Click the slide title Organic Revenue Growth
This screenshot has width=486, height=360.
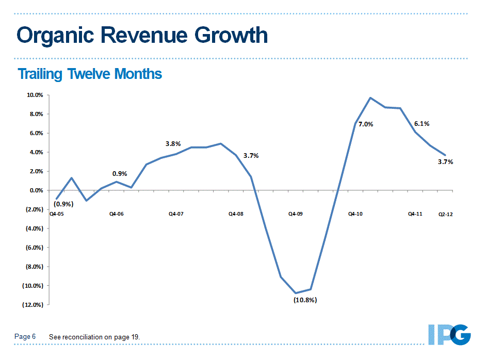[142, 36]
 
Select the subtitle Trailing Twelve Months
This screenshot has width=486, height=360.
[90, 74]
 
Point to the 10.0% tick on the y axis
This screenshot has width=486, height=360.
[35, 95]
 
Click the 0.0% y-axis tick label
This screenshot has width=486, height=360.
[36, 190]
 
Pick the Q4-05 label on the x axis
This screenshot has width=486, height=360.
[57, 214]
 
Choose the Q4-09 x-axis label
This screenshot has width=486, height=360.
[296, 214]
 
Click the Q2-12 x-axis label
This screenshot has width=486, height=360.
[445, 214]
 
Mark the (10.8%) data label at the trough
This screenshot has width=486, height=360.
[305, 300]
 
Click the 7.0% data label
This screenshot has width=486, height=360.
[366, 124]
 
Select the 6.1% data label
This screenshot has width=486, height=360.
[422, 124]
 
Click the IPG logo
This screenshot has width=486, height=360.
[449, 334]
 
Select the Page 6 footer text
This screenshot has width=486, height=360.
[25, 337]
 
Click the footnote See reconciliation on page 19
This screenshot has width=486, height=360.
[94, 337]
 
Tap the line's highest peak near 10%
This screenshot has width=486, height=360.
[370, 97]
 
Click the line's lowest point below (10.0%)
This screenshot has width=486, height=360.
[296, 293]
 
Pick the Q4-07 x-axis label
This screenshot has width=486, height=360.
[176, 214]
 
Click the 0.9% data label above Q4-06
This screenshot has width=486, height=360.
[120, 174]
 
